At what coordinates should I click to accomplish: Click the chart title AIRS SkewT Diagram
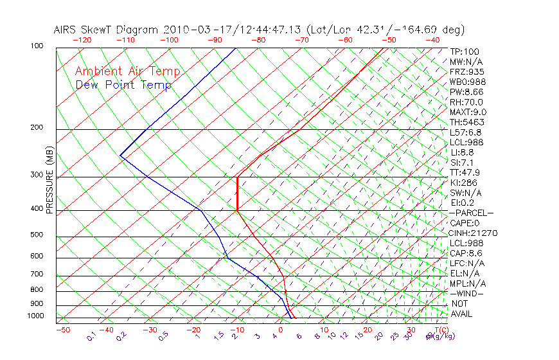click(x=107, y=30)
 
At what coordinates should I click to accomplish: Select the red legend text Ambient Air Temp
click(x=127, y=71)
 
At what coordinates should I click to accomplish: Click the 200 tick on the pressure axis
click(x=36, y=128)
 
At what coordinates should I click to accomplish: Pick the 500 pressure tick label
click(x=36, y=235)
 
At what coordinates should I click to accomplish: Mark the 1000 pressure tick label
click(x=35, y=316)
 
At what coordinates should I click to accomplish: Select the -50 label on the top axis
click(x=389, y=40)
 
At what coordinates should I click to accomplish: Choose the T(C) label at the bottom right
click(x=440, y=330)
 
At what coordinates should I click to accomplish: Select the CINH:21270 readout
click(x=474, y=233)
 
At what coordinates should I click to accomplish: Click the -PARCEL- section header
click(x=471, y=213)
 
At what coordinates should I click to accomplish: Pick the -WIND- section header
click(x=466, y=293)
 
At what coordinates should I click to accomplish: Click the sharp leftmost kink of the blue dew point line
click(x=120, y=155)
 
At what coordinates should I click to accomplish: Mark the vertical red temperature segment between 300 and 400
click(x=237, y=193)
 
